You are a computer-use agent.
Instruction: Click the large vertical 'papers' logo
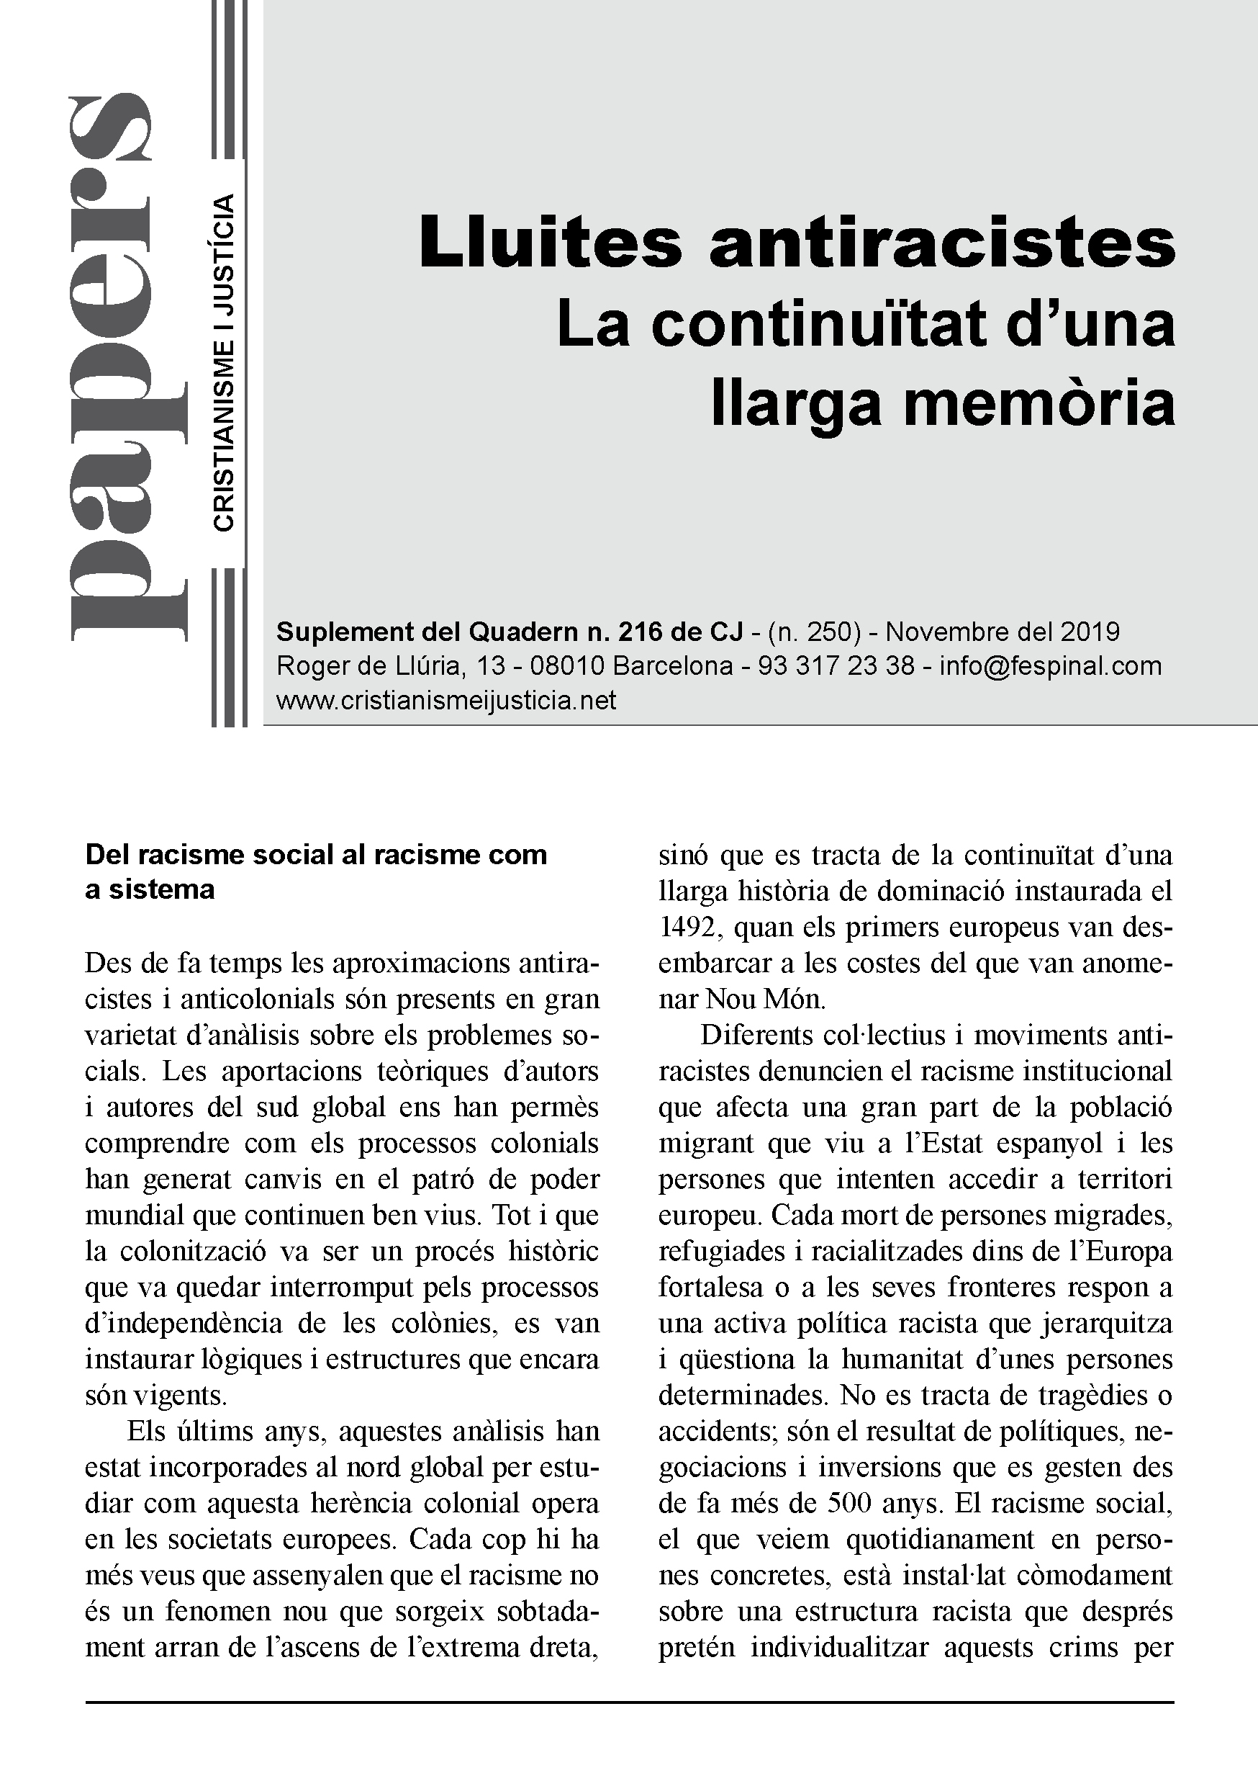(x=128, y=366)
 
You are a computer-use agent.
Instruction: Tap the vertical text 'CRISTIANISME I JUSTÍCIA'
(x=223, y=363)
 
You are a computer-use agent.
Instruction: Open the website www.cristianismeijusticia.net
(x=446, y=700)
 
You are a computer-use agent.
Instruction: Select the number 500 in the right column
(x=844, y=1503)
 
